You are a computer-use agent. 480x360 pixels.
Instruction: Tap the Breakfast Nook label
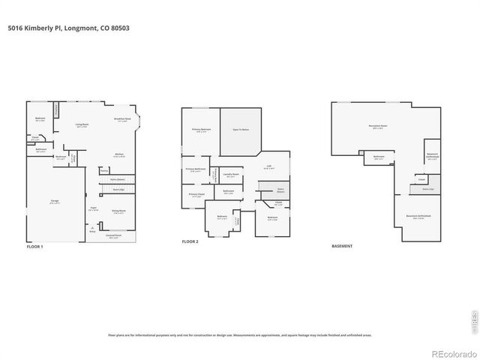click(122, 119)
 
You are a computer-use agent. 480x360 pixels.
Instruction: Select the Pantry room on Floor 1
click(104, 170)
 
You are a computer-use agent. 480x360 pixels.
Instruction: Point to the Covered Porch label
click(113, 235)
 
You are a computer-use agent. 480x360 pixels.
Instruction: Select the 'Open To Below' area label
click(241, 130)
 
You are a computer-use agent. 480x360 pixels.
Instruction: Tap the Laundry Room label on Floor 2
click(231, 175)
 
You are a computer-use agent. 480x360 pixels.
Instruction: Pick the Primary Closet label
click(196, 195)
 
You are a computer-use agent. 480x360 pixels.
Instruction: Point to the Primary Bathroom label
click(196, 169)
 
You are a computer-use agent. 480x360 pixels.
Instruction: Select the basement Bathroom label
click(379, 157)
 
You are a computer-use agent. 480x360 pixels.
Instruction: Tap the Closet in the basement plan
click(421, 179)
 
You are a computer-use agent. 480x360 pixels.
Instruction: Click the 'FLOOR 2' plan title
click(191, 242)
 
